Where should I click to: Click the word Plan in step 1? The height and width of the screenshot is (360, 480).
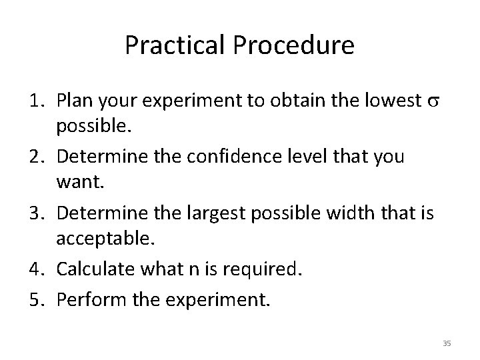pyautogui.click(x=75, y=101)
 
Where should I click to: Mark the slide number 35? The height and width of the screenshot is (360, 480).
pyautogui.click(x=447, y=343)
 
